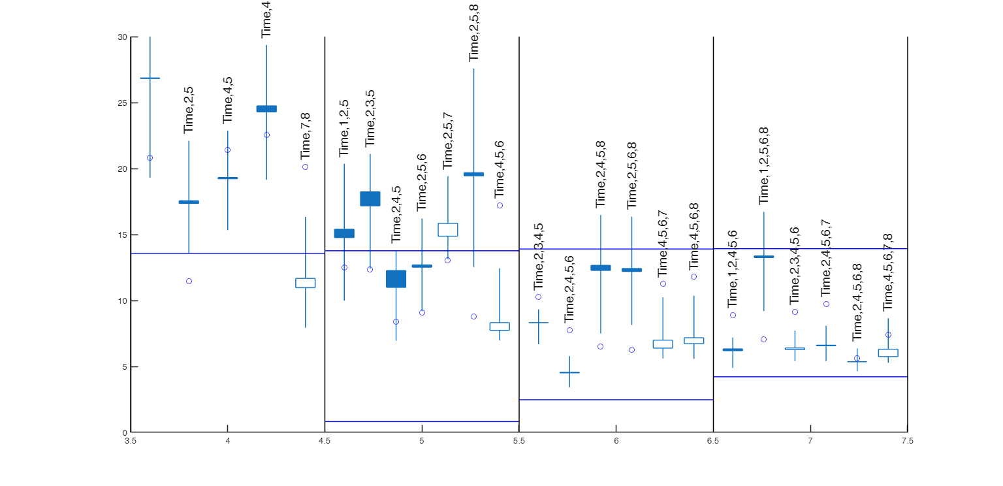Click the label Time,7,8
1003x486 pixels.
coord(305,136)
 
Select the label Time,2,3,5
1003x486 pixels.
coord(370,118)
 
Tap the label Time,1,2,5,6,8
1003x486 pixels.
coord(763,166)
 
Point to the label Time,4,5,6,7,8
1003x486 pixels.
coord(887,272)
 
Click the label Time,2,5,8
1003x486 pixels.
coord(474,33)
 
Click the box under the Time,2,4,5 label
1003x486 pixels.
coord(396,279)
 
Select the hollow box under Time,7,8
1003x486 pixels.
coord(305,283)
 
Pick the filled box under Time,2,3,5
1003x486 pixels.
coord(370,199)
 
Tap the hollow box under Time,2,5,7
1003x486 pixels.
coord(447,229)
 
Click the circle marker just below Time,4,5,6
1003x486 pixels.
coord(500,205)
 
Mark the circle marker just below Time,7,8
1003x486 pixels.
coord(305,167)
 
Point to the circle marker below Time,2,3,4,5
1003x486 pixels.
coord(538,297)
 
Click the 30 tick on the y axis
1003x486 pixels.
coord(122,37)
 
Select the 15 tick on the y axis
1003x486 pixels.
coord(122,235)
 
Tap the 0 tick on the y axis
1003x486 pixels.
coord(124,432)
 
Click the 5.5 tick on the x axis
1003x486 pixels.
coord(518,441)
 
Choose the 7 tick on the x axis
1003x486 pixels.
coord(810,441)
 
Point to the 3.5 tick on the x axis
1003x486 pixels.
coord(131,441)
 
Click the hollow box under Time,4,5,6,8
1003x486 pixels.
coord(693,340)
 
